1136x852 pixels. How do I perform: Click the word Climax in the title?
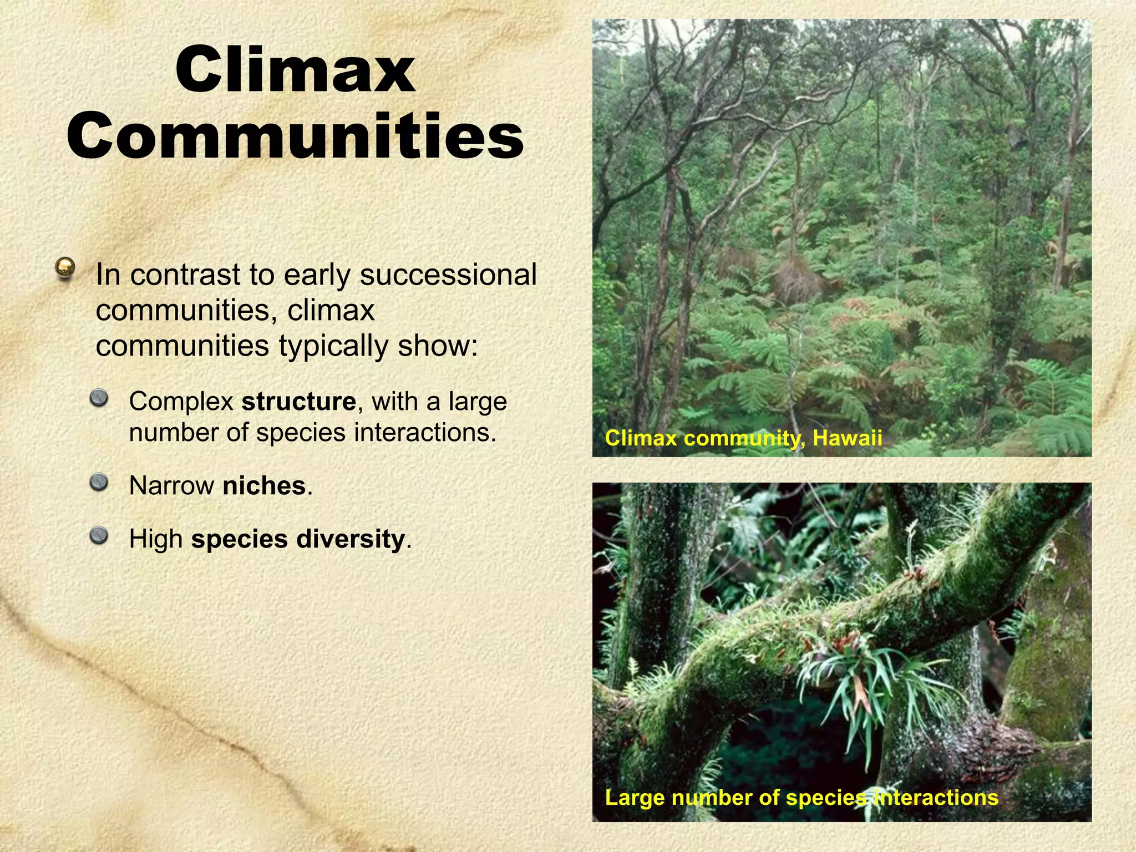(295, 70)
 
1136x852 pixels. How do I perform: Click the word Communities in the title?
(295, 136)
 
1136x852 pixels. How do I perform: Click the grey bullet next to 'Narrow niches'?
(99, 482)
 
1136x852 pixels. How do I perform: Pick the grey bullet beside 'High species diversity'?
(99, 535)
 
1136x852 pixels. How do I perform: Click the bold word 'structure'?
(298, 402)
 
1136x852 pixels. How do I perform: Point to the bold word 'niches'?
(264, 486)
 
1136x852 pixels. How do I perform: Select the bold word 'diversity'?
(351, 539)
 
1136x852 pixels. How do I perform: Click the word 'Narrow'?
(171, 486)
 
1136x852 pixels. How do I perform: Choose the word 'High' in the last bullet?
(156, 539)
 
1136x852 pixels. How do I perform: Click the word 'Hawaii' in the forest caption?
(847, 438)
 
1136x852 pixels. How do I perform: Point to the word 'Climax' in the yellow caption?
(641, 438)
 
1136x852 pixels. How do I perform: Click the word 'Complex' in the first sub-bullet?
(181, 402)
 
